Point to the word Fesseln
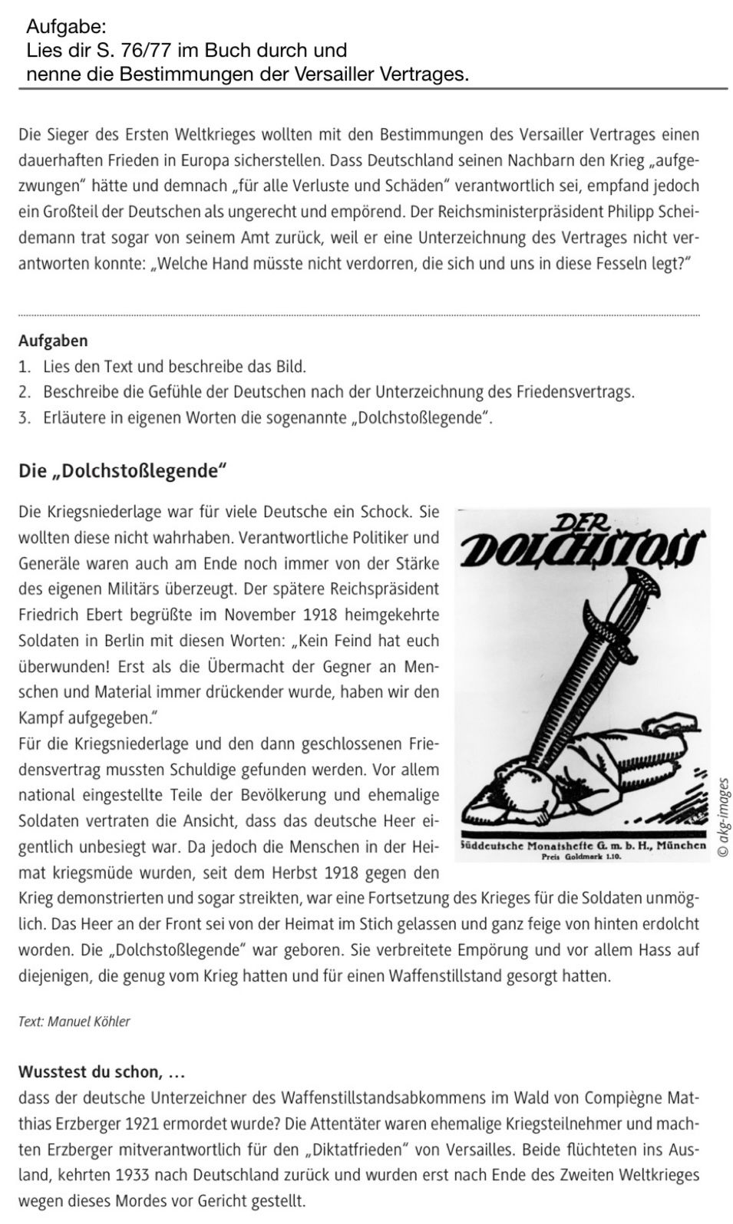click(x=612, y=262)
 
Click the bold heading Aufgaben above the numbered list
click(x=53, y=341)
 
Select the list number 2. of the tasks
click(x=25, y=392)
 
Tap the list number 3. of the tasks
click(x=25, y=418)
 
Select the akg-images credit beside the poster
click(x=721, y=817)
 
